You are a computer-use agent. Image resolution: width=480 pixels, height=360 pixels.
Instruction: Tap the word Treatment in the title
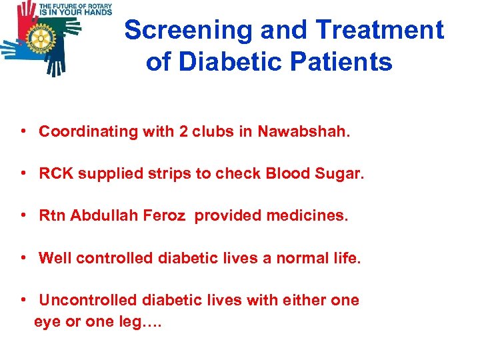coord(379,30)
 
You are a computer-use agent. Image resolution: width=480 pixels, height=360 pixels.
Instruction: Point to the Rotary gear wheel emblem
coord(42,40)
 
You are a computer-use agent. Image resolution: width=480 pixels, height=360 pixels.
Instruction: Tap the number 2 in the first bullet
coord(182,131)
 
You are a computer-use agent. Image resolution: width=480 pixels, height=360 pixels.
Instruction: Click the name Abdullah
coord(101,216)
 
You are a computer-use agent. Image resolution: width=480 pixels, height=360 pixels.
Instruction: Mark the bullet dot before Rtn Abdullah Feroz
coord(23,215)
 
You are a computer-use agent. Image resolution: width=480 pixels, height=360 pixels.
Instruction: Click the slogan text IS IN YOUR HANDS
coord(75,11)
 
